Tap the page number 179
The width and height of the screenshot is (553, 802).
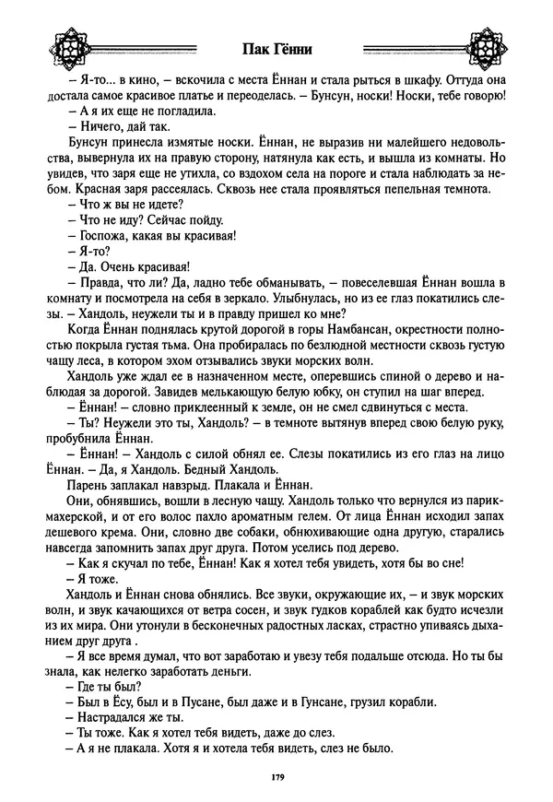pyautogui.click(x=276, y=779)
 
